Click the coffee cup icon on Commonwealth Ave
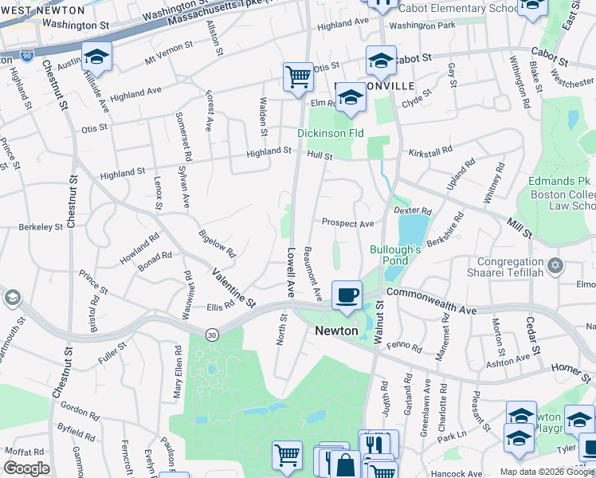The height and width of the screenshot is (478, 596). tap(347, 295)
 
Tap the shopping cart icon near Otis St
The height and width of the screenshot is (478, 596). tap(298, 77)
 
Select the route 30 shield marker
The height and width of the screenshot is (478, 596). tap(211, 335)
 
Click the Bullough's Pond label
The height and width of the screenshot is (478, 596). tap(395, 255)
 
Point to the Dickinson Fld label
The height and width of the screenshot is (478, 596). tap(331, 133)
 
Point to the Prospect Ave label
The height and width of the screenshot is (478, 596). tap(347, 224)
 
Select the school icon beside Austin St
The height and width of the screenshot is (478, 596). tap(96, 57)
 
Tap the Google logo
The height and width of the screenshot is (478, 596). tap(27, 468)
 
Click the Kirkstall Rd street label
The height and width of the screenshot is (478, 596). tap(430, 149)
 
